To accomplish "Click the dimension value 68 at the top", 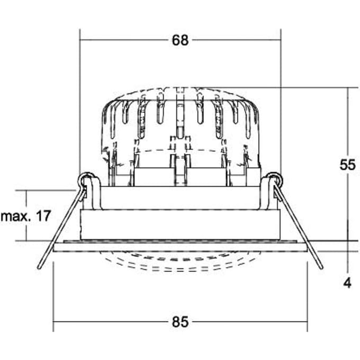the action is click(180, 40).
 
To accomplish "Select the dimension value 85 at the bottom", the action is click(180, 322).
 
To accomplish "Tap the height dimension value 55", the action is click(348, 165).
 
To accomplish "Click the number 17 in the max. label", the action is click(43, 216).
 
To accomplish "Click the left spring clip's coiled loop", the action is click(86, 178).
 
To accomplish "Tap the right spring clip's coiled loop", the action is click(275, 178).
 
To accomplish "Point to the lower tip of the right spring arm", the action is click(321, 267).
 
